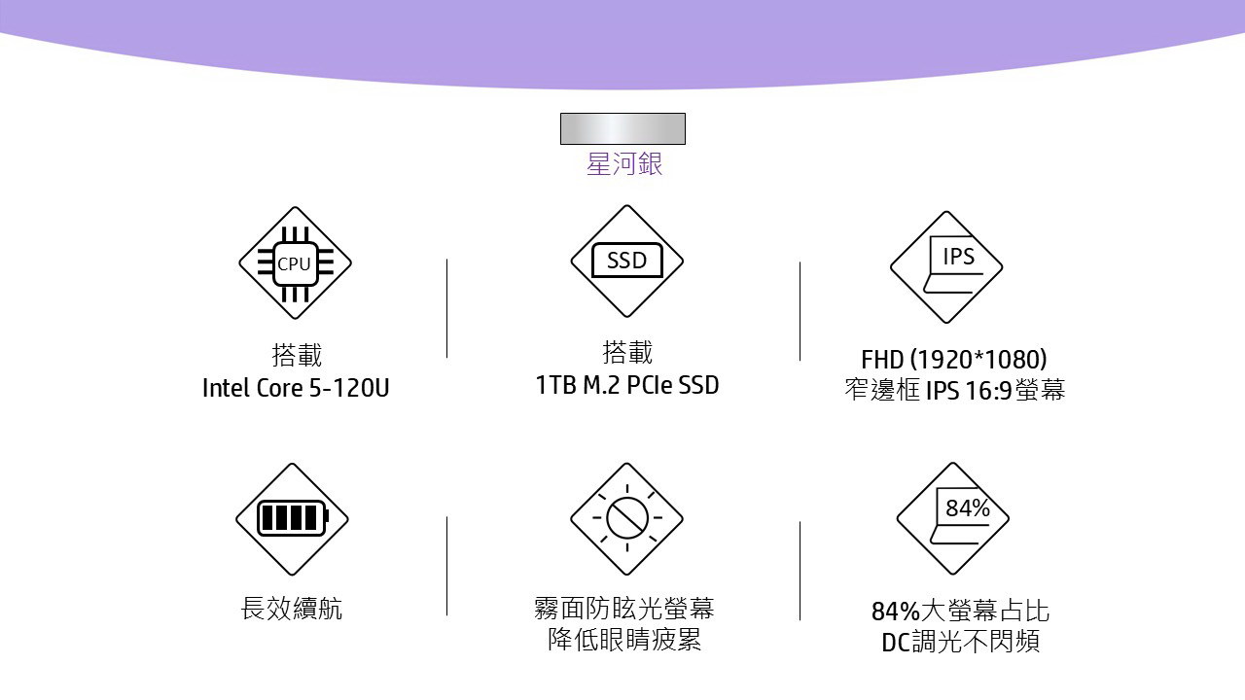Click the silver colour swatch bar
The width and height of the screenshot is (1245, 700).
[622, 128]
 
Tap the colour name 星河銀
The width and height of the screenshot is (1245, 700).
[623, 164]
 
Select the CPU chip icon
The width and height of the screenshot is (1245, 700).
[295, 262]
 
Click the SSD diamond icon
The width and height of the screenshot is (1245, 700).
[626, 261]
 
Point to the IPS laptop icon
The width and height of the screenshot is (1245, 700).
[946, 266]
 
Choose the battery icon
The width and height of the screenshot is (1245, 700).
[292, 518]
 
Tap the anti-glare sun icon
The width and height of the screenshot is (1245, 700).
[626, 519]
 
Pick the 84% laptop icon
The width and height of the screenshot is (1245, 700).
[952, 518]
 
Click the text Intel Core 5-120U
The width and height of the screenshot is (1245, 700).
[296, 388]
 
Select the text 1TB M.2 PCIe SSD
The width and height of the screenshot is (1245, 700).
[627, 385]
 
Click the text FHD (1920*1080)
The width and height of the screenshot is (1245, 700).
[953, 359]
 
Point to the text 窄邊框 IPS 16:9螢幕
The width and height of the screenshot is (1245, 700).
[954, 391]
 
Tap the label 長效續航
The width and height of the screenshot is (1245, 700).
[292, 610]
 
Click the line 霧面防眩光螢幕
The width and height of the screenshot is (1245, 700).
[624, 610]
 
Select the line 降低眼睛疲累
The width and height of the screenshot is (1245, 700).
[624, 641]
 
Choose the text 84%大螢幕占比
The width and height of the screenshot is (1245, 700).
[960, 612]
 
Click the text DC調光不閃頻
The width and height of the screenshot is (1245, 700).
[960, 643]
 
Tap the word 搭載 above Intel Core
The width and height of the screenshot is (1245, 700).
[297, 355]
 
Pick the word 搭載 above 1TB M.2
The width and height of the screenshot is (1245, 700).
[627, 352]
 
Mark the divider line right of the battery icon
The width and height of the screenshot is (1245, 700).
[447, 566]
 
